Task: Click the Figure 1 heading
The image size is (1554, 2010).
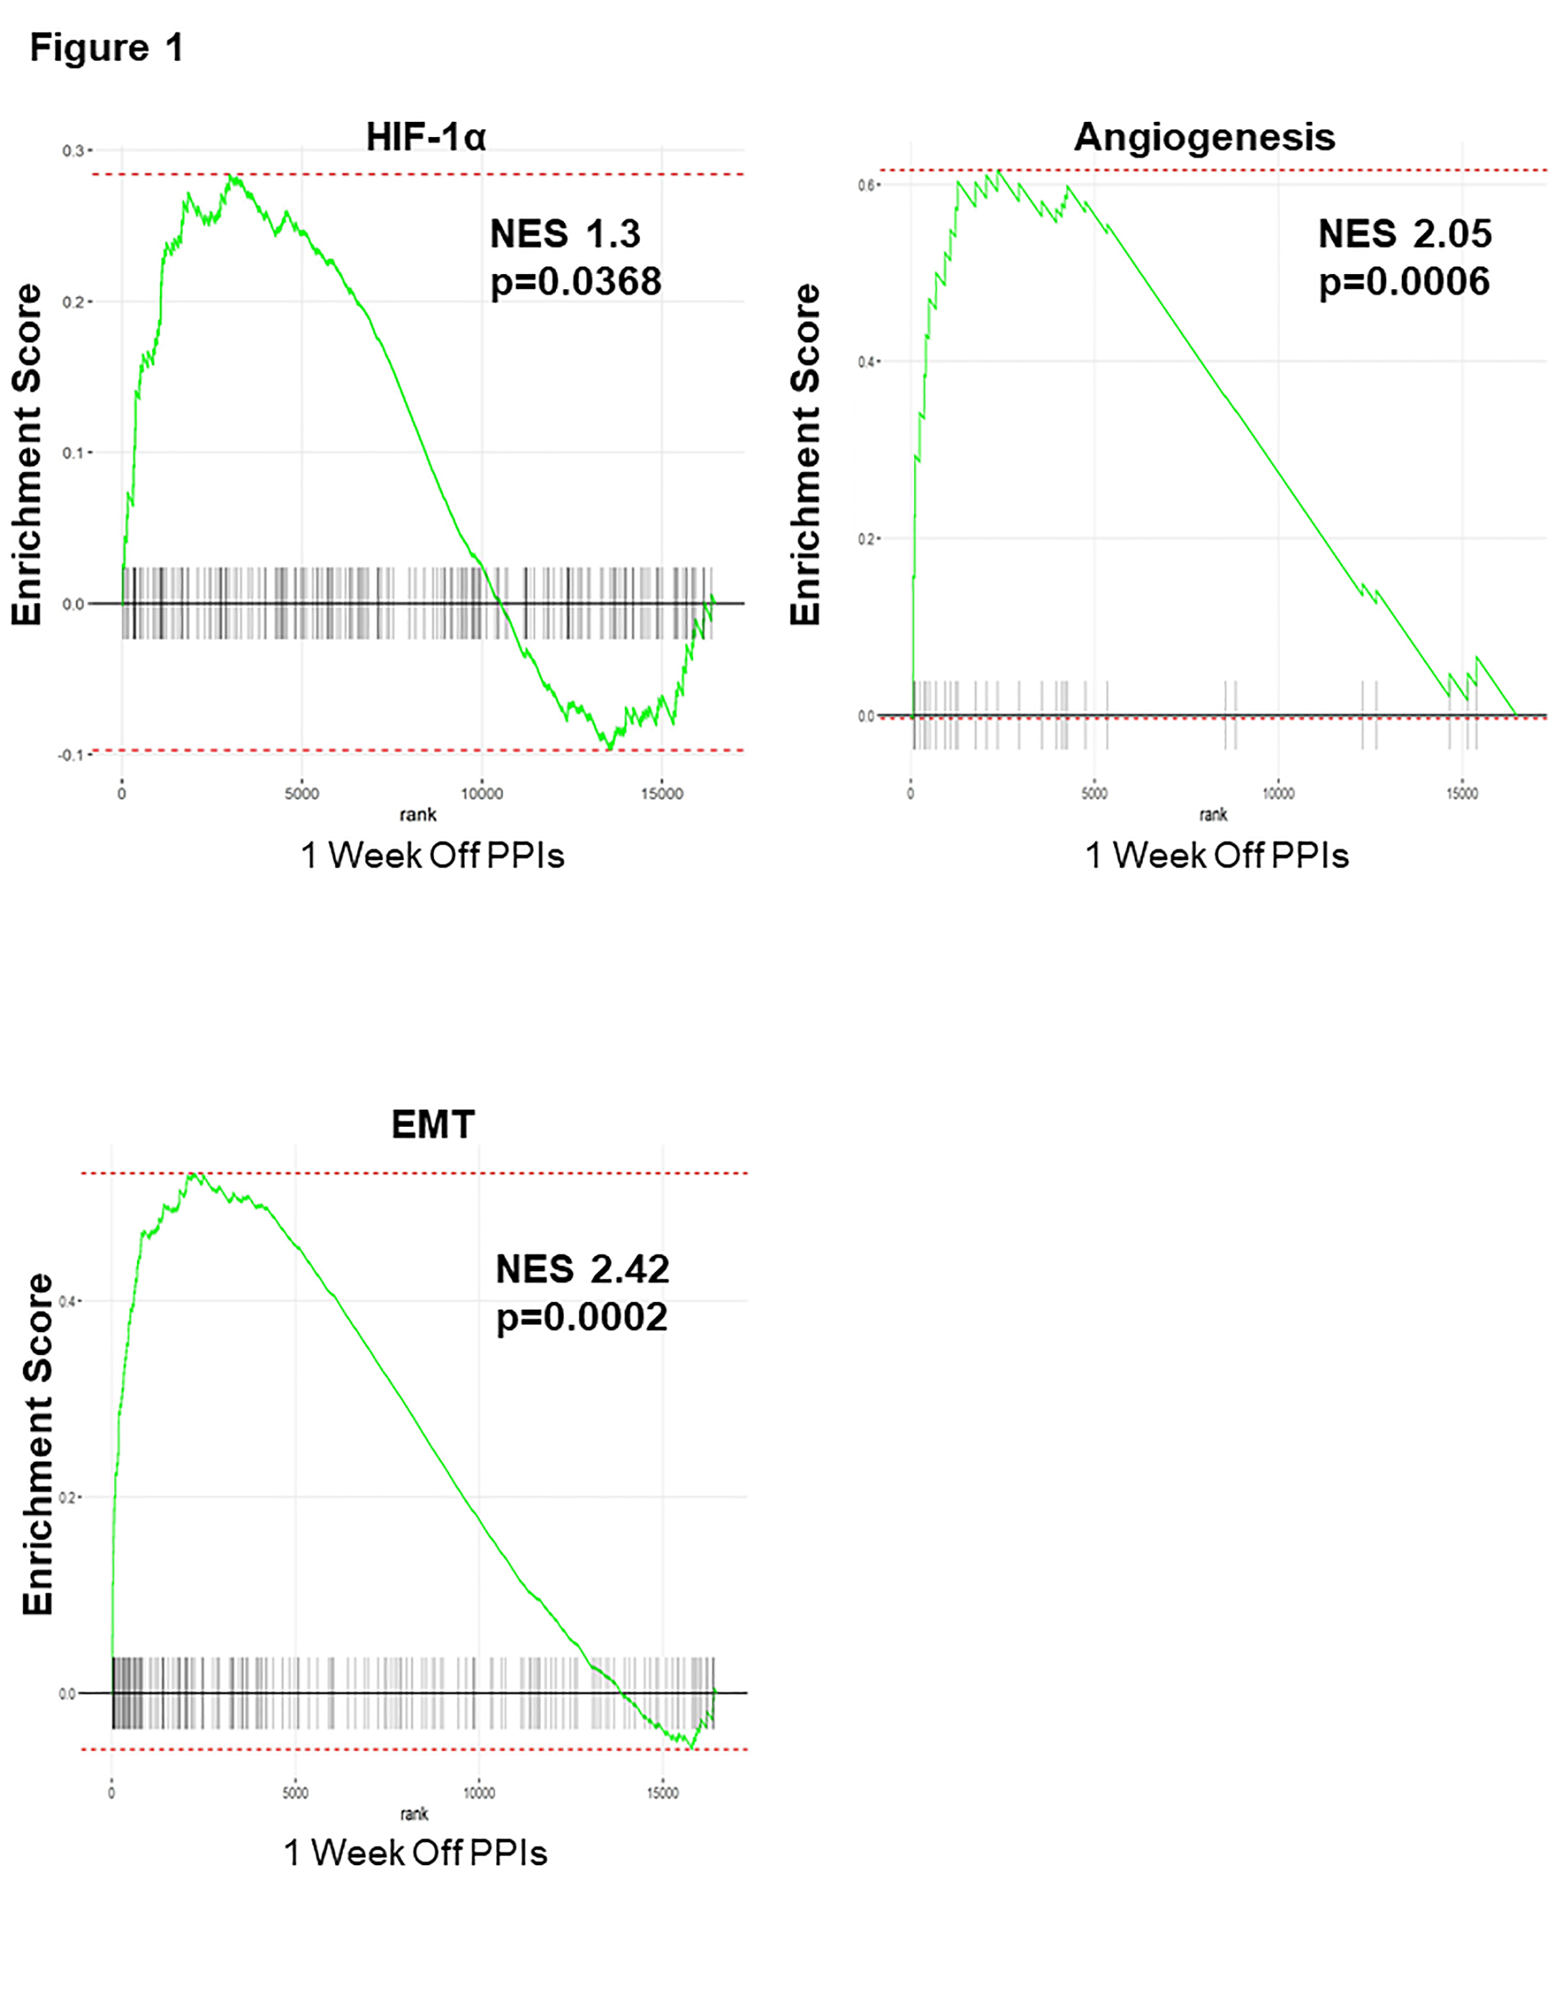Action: point(107,48)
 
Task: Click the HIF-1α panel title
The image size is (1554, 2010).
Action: point(425,138)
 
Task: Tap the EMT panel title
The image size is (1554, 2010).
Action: point(433,1124)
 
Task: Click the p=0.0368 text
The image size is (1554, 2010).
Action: point(575,281)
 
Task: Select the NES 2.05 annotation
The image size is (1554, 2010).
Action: point(1404,234)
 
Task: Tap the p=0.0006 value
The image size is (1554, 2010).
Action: point(1404,281)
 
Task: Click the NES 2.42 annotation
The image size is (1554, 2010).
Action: point(582,1270)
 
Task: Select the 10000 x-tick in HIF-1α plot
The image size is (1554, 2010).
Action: point(481,794)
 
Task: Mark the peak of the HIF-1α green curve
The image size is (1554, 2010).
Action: point(233,176)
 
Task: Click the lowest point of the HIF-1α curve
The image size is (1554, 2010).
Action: point(609,748)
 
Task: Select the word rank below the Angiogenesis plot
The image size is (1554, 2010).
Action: point(1213,814)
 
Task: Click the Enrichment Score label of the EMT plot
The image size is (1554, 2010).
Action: point(38,1444)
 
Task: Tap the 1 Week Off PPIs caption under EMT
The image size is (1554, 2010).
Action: point(415,1853)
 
